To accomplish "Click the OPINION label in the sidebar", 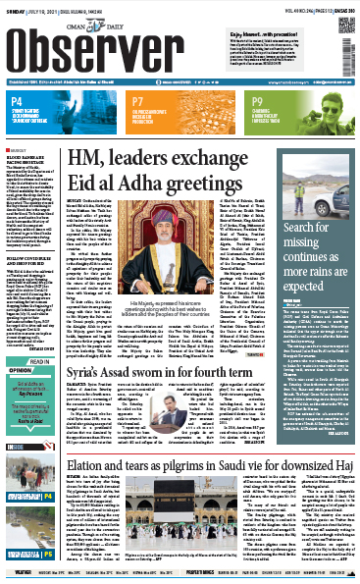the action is pos(19,357).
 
